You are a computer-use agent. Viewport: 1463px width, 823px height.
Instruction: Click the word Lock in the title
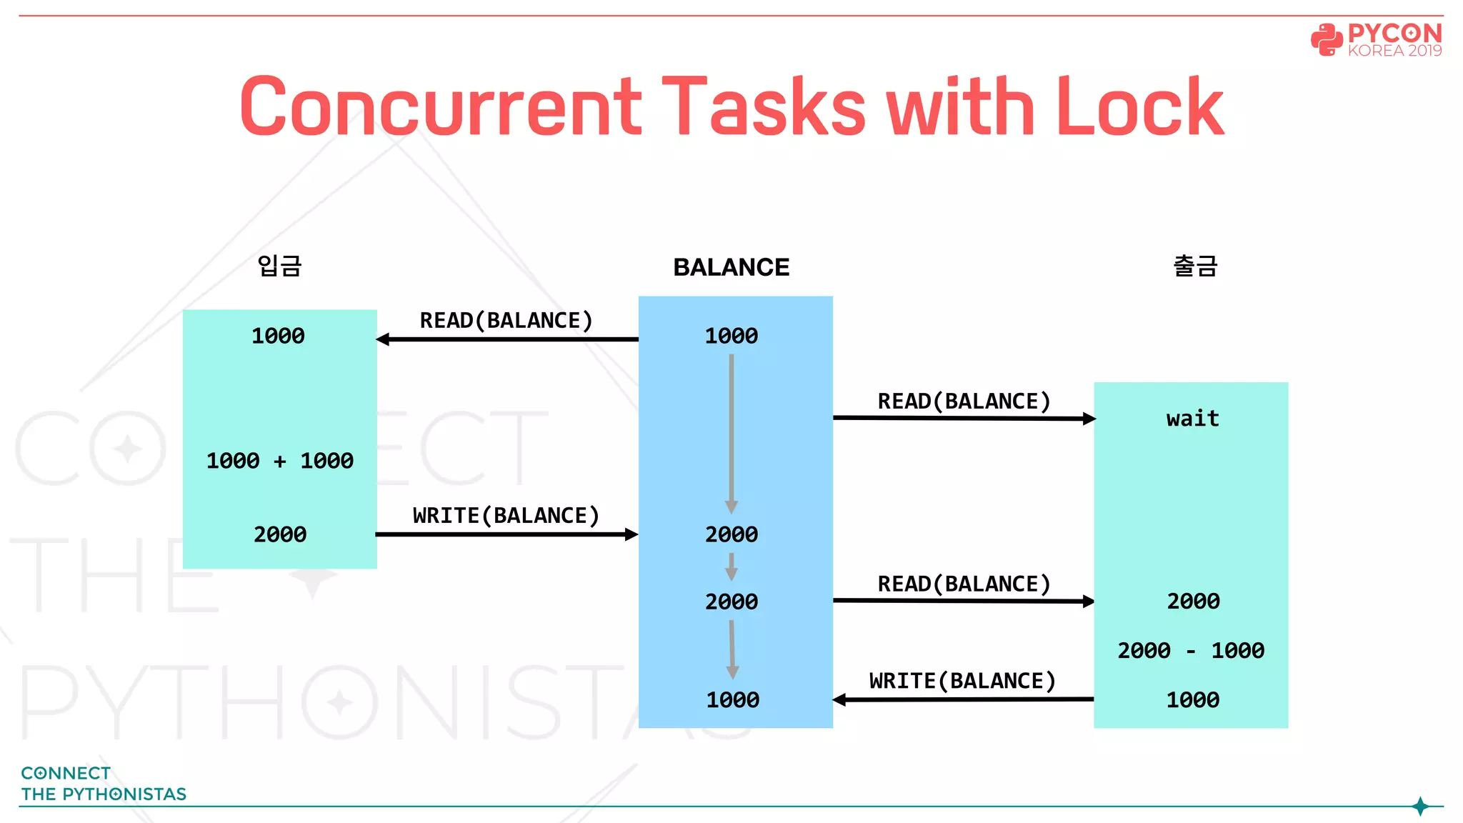pyautogui.click(x=1139, y=107)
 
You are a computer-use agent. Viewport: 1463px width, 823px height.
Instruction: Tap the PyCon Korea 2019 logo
pyautogui.click(x=1376, y=40)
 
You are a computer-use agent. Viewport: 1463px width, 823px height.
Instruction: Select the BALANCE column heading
pyautogui.click(x=731, y=267)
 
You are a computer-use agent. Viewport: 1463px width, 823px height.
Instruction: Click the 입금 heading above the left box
pyautogui.click(x=279, y=266)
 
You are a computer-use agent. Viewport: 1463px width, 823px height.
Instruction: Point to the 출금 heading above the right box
pyautogui.click(x=1195, y=266)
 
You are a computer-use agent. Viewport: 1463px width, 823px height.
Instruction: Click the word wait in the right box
pyautogui.click(x=1192, y=418)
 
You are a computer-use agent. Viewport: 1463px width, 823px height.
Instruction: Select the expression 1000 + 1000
pyautogui.click(x=279, y=461)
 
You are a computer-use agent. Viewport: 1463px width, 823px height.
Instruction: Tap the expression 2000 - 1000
pyautogui.click(x=1191, y=650)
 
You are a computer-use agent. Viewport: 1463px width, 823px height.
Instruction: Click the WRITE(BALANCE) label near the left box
pyautogui.click(x=506, y=515)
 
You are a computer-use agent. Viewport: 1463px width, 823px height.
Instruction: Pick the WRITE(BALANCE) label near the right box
pyautogui.click(x=962, y=681)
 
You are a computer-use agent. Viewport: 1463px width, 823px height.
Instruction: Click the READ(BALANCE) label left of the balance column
pyautogui.click(x=506, y=320)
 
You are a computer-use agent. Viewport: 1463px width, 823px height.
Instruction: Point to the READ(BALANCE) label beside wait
pyautogui.click(x=964, y=401)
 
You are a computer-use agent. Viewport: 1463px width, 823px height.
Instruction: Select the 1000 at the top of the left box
pyautogui.click(x=278, y=336)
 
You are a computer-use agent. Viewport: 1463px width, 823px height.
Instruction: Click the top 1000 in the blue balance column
pyautogui.click(x=731, y=336)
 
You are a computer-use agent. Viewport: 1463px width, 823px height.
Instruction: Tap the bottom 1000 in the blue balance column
pyautogui.click(x=732, y=699)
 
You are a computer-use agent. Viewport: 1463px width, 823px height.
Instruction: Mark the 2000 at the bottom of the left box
pyautogui.click(x=280, y=534)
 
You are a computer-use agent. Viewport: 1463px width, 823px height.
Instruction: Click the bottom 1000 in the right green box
pyautogui.click(x=1192, y=699)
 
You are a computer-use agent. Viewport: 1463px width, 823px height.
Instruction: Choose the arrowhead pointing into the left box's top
pyautogui.click(x=384, y=339)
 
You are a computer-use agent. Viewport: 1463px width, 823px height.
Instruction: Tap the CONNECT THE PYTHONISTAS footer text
pyautogui.click(x=104, y=784)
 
